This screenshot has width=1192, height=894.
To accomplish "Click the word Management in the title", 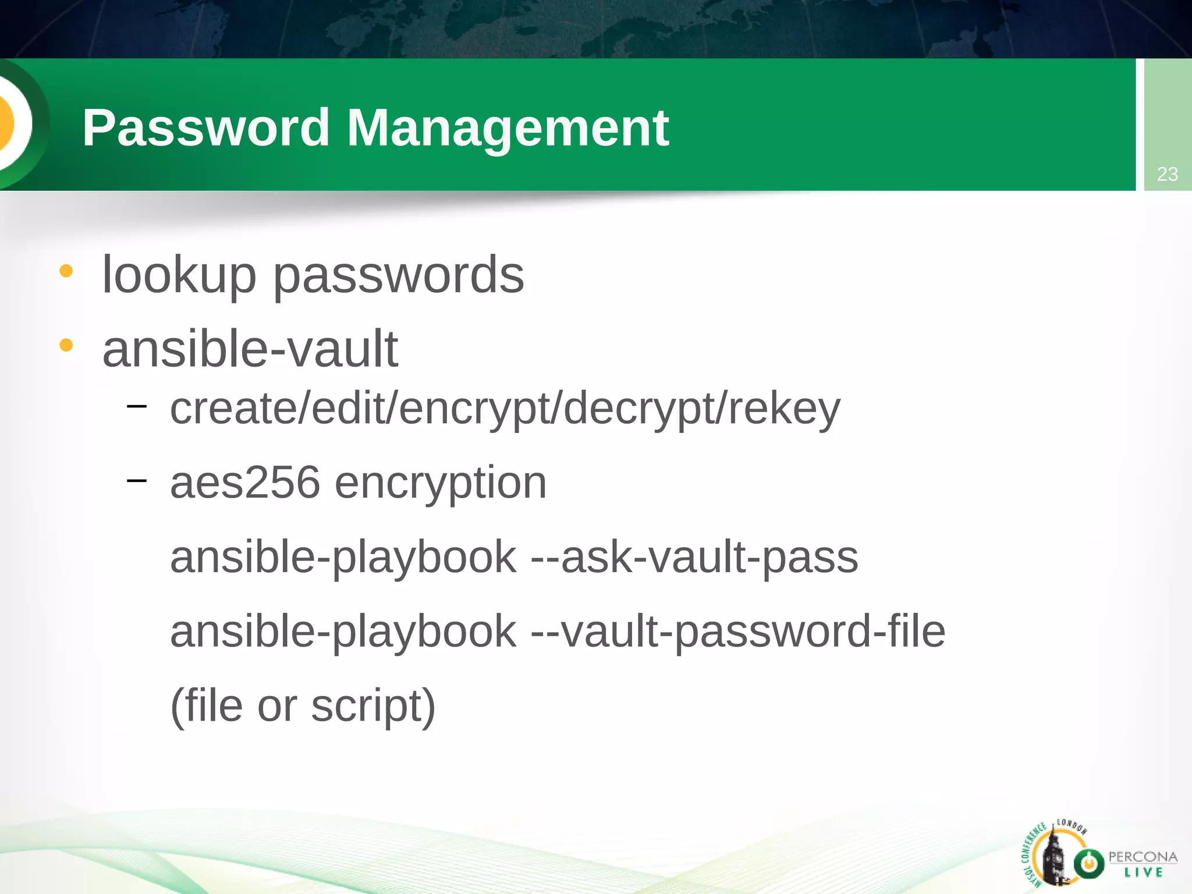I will (x=508, y=129).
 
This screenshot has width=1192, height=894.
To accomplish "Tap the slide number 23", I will (x=1167, y=174).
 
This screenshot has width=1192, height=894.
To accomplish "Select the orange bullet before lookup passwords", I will (x=66, y=271).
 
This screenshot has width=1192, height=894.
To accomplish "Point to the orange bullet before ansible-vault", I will (x=66, y=346).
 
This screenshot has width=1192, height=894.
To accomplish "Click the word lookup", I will (x=179, y=275).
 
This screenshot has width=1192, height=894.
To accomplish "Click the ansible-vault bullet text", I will (x=250, y=349).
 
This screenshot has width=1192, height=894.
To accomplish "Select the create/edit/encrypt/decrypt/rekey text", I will (x=505, y=409).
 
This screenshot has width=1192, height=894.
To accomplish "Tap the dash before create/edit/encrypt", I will (x=137, y=405).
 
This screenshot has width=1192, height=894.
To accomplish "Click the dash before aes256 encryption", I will (x=137, y=480).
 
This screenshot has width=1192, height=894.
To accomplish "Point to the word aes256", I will (x=245, y=483).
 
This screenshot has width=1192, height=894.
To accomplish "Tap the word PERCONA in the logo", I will (x=1143, y=857).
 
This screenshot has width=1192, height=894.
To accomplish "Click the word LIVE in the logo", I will (x=1144, y=872).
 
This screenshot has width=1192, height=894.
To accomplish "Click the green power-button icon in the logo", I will (x=1088, y=863).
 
